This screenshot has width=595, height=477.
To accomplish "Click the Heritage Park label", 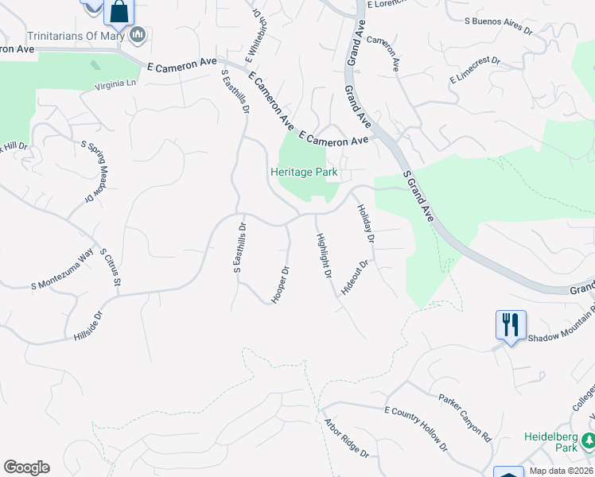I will tap(304, 172).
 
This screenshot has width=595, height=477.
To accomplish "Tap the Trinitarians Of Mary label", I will tap(77, 35).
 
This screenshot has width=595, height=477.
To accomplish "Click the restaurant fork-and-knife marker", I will tap(510, 324).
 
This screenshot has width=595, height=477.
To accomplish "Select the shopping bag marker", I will tap(119, 12).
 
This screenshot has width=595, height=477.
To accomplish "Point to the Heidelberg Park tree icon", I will tap(588, 439).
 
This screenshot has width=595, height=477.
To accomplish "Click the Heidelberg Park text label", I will tap(550, 442).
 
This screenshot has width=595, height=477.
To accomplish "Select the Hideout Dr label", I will tap(355, 277).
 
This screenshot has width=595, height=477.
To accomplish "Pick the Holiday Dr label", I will tap(365, 222).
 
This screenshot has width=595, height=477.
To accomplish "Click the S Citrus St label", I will tap(111, 267).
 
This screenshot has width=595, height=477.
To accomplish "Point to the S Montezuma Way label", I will tap(62, 271).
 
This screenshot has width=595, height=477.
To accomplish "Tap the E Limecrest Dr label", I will tap(474, 69).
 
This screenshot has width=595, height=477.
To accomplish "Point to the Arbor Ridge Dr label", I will tap(345, 438).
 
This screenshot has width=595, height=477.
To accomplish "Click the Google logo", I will tap(26, 467).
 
